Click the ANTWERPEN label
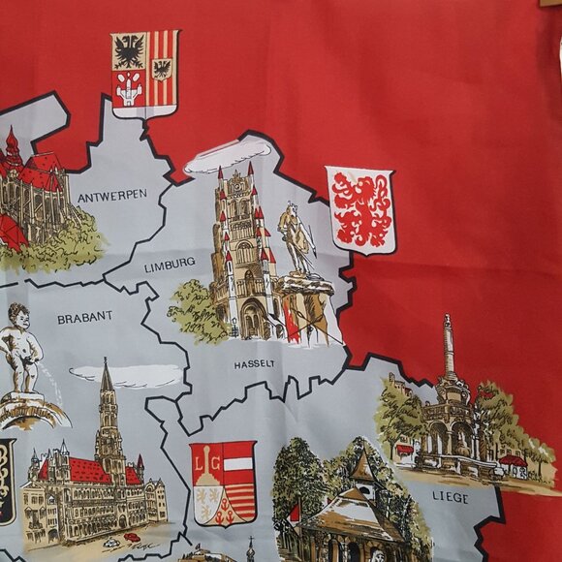point(111,195)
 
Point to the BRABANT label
point(84,316)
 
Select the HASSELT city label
point(254,364)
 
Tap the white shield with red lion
point(359,209)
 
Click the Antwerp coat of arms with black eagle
point(129,51)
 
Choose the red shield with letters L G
point(223,483)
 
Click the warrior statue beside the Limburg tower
point(296,237)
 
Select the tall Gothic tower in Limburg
point(238,252)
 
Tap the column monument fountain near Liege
point(449,407)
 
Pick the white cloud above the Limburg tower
point(229,157)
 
